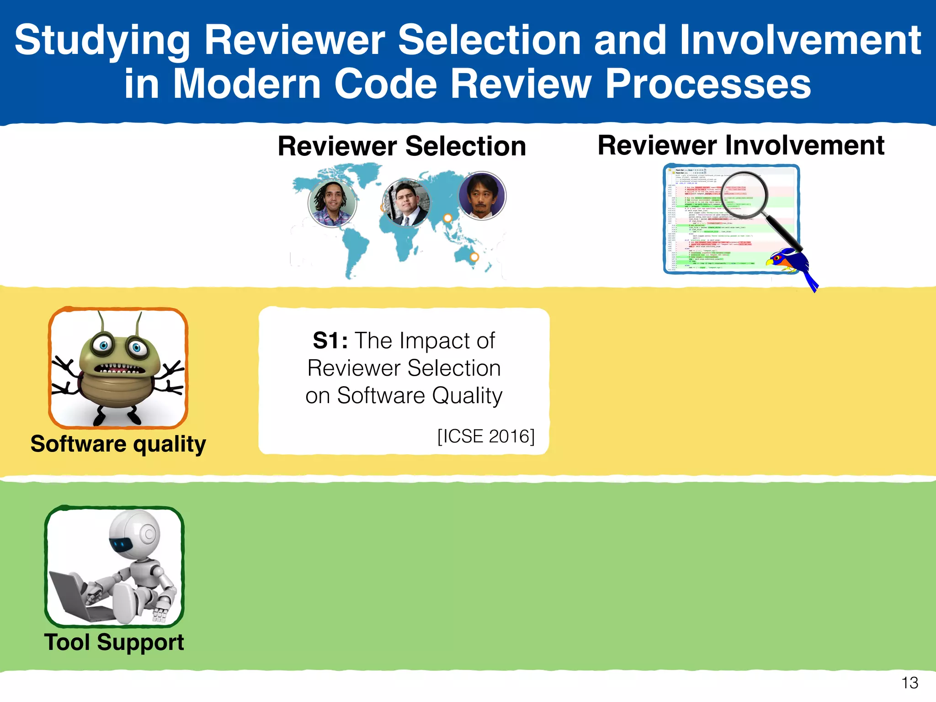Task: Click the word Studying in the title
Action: click(x=102, y=41)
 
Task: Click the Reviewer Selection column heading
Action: click(x=402, y=146)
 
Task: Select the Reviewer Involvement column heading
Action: click(x=740, y=145)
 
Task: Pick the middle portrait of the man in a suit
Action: click(x=406, y=203)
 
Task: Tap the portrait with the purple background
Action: click(x=482, y=196)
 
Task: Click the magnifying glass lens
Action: click(x=745, y=194)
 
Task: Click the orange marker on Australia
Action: click(x=474, y=257)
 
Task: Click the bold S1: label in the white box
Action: click(x=330, y=340)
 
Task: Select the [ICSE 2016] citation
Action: click(x=485, y=436)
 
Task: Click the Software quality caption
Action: click(x=118, y=444)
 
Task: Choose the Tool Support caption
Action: click(x=114, y=642)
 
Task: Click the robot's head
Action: click(x=135, y=535)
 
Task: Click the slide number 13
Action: click(x=909, y=683)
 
